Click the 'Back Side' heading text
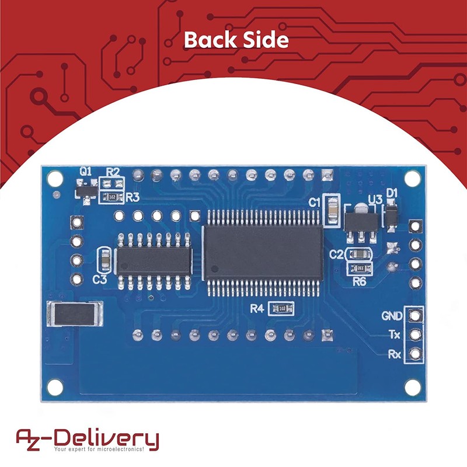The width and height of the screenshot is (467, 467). point(236,40)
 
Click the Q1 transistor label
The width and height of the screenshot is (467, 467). point(86,172)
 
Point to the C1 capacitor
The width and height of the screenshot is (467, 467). point(333,210)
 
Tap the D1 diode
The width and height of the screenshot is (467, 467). point(391,213)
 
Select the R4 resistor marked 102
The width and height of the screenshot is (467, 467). point(282,308)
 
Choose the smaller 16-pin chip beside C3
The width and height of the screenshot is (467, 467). point(154,260)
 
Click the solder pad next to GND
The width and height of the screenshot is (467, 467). point(415,316)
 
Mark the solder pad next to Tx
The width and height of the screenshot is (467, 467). point(415,334)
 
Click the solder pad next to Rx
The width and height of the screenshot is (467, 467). point(415,353)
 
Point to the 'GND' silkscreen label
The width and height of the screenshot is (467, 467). point(391,316)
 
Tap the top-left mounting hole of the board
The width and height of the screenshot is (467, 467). point(54,176)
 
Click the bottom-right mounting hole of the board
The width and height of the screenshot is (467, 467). point(412,385)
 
